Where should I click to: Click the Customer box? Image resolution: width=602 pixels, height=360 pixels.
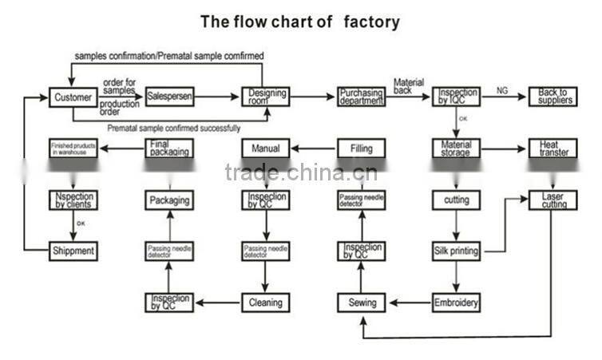pos(73,97)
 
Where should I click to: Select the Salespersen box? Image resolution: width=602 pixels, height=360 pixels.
pos(169,97)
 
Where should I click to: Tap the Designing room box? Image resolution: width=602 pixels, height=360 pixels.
pos(266,97)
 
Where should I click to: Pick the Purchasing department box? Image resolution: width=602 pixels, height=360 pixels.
pos(361,97)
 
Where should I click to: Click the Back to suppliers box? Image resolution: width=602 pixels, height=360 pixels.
pos(552,97)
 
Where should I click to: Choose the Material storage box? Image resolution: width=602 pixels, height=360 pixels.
pos(457,148)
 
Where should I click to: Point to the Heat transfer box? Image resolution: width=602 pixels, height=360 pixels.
pos(552,148)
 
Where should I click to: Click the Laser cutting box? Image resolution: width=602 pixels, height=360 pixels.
pos(552,200)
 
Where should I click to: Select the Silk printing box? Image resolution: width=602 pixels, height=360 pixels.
pos(457,251)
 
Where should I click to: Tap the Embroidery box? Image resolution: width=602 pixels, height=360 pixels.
pos(457,303)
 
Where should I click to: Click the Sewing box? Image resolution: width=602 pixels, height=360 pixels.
pos(362,303)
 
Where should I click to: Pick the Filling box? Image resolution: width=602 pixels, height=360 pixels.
pos(361,148)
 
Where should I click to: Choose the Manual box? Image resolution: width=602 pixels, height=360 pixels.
pos(266,148)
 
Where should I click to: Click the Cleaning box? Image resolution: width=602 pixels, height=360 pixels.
pos(266,303)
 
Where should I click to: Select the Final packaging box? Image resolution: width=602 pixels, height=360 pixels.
pos(169,148)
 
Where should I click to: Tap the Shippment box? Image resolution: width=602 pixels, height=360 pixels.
pos(73,251)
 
